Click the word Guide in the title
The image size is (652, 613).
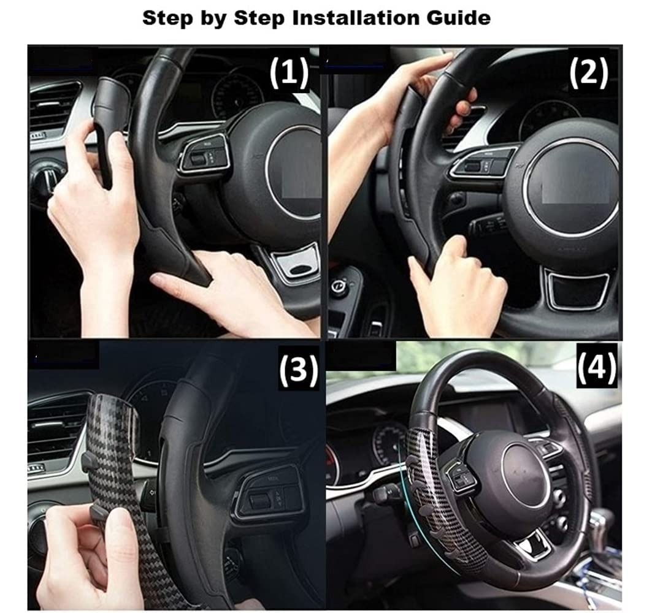(x=461, y=18)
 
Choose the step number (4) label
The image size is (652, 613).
(x=597, y=367)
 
